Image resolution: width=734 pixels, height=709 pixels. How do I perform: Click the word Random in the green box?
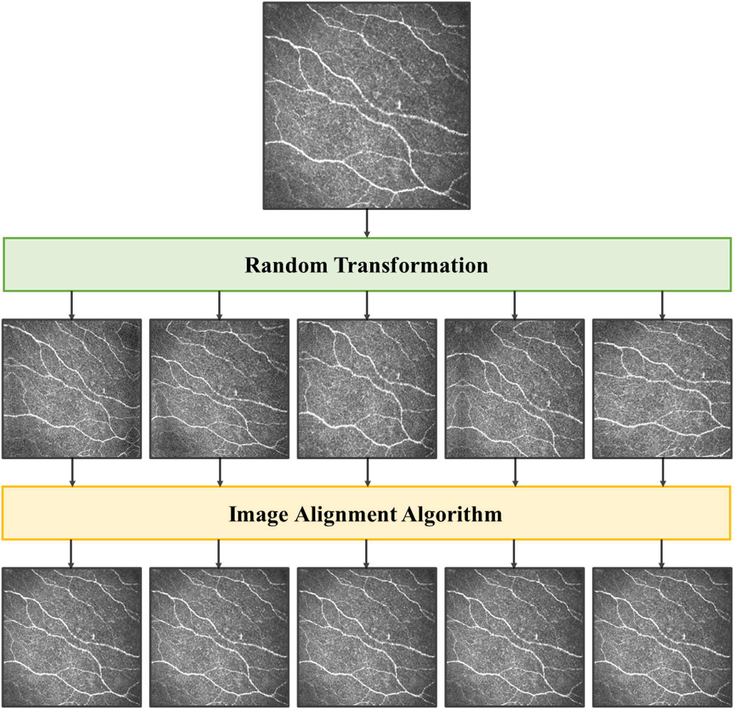click(286, 265)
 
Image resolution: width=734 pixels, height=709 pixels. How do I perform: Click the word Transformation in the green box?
click(411, 265)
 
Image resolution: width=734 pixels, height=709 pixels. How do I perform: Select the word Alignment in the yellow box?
click(346, 514)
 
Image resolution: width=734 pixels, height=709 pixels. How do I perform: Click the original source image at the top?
click(367, 106)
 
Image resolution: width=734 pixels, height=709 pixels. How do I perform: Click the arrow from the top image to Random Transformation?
click(367, 223)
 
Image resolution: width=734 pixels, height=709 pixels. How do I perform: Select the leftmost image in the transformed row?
click(72, 389)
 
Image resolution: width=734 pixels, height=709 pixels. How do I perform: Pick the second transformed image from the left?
click(219, 389)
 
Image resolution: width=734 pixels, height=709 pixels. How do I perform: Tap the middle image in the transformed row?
click(367, 389)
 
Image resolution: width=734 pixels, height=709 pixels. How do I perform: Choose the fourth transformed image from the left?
click(515, 389)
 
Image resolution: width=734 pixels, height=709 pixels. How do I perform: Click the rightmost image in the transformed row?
click(662, 389)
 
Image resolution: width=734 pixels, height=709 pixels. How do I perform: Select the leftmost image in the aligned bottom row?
click(72, 637)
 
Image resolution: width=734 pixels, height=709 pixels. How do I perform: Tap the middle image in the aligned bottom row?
click(367, 637)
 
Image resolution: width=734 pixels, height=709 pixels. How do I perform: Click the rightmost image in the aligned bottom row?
click(662, 637)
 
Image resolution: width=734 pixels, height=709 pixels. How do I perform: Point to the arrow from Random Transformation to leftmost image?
click(72, 305)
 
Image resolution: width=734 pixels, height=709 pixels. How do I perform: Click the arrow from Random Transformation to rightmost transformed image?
click(662, 305)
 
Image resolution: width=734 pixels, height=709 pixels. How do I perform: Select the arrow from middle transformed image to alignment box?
click(367, 472)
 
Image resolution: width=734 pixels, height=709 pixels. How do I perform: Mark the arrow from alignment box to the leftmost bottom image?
click(71, 554)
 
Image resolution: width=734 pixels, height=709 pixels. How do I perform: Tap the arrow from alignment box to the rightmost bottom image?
click(662, 554)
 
